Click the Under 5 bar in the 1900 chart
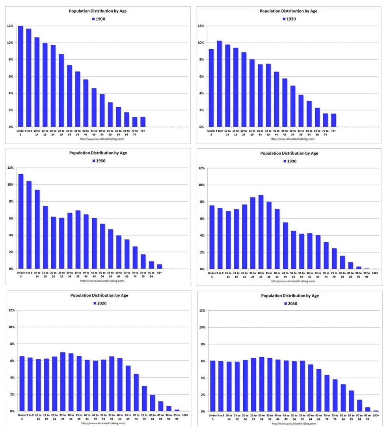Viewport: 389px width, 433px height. tap(20, 77)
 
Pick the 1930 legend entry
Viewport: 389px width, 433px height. tap(289, 19)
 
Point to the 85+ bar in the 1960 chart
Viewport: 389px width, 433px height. tap(160, 267)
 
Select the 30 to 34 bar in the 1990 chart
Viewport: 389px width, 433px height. tap(261, 232)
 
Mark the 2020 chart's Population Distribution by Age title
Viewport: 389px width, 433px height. tap(99, 295)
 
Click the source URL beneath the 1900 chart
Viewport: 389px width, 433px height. tap(99, 139)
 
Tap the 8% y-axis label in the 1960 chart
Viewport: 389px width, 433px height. tap(10, 202)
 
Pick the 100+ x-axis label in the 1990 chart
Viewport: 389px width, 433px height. tap(375, 273)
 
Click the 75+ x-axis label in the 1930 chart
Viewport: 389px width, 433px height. tap(333, 130)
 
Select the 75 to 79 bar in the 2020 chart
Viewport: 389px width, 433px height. tap(144, 399)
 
